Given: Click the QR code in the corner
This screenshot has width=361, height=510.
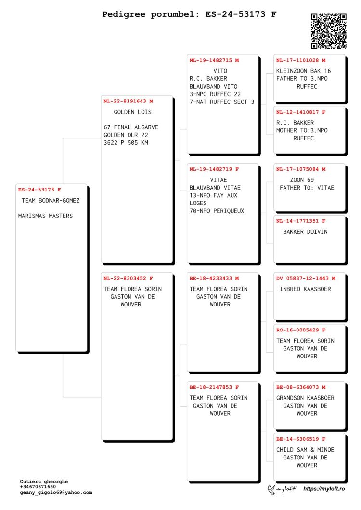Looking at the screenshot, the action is point(328,31).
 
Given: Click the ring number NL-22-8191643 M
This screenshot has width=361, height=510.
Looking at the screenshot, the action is point(128,101).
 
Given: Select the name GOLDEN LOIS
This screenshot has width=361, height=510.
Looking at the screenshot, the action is point(132,112).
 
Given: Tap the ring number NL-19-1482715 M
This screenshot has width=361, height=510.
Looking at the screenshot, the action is point(214,60).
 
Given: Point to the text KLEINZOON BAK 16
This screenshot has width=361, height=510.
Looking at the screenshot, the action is point(303,71).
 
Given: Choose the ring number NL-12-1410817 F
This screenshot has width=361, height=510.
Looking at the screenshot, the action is point(301,112).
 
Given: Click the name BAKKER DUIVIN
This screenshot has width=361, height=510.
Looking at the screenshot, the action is point(305,232).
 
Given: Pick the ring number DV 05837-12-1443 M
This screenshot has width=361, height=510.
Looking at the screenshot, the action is point(306,278).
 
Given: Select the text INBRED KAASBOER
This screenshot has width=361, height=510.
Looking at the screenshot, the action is point(305,289).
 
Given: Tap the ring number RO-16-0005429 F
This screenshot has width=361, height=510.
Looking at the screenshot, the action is point(301,330).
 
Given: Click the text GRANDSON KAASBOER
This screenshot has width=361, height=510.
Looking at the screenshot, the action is point(305,398).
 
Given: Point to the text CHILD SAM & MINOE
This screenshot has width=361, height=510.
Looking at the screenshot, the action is point(305,450).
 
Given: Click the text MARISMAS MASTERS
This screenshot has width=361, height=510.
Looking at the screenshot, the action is point(46,216).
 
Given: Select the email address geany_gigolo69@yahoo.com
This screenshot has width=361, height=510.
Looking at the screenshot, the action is point(56,492).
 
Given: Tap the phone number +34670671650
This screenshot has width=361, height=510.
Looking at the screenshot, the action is point(38,487).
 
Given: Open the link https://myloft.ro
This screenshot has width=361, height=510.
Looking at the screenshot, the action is point(324,489).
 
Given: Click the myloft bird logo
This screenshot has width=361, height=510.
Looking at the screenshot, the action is point(271,489).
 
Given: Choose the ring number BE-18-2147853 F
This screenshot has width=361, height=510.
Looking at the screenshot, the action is point(214,387).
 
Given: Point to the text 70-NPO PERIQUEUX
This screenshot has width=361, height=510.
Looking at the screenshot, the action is point(217,211).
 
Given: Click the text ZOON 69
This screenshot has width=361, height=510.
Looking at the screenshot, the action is point(302,180).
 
